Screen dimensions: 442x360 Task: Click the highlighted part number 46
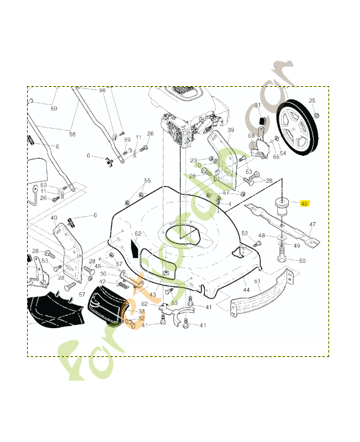304,203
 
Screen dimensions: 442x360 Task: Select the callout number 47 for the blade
312,224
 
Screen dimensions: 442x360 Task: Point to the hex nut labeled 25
316,115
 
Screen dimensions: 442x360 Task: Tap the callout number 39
231,130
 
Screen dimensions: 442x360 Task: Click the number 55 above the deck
147,181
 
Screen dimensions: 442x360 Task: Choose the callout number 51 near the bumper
257,282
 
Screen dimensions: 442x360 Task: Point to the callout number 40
54,218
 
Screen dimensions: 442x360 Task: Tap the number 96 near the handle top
102,90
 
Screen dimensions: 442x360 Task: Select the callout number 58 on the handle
72,134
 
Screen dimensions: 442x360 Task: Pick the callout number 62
144,304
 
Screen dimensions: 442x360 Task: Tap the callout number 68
251,135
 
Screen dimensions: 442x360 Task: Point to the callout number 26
150,134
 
